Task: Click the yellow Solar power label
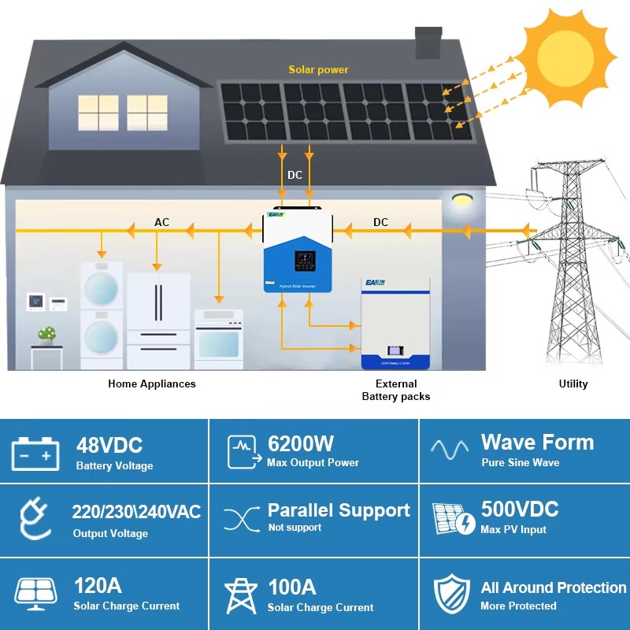pos(318,70)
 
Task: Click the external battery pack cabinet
pos(395,323)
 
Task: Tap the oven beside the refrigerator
pos(218,339)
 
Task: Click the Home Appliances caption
pos(152,384)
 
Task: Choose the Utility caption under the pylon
pos(573,384)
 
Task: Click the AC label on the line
pos(161,223)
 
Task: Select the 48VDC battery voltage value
pos(109,446)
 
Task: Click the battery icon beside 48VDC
pos(35,454)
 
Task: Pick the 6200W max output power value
pos(301,443)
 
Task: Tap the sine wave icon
pos(450,450)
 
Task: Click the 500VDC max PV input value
pos(520,509)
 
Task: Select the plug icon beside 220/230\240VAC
pos(35,521)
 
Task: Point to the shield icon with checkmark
pos(452,595)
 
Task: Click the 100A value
pos(292,587)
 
